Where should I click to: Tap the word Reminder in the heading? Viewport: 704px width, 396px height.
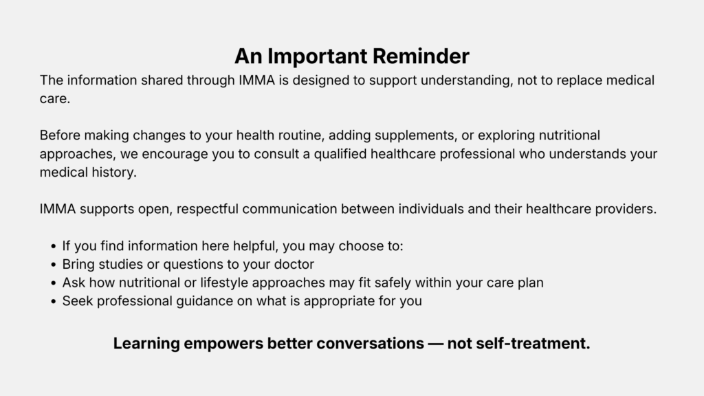pos(421,56)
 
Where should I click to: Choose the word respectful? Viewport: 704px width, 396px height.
pos(207,209)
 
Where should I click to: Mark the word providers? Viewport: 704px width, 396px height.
pos(626,209)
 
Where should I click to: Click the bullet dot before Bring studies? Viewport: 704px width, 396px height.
pos(54,265)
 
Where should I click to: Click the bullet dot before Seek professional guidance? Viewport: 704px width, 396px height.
pos(54,302)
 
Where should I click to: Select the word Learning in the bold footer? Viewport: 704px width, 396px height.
pos(146,344)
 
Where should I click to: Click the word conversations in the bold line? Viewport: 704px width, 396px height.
pos(370,344)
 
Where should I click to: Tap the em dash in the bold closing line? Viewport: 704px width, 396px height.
pos(435,344)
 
